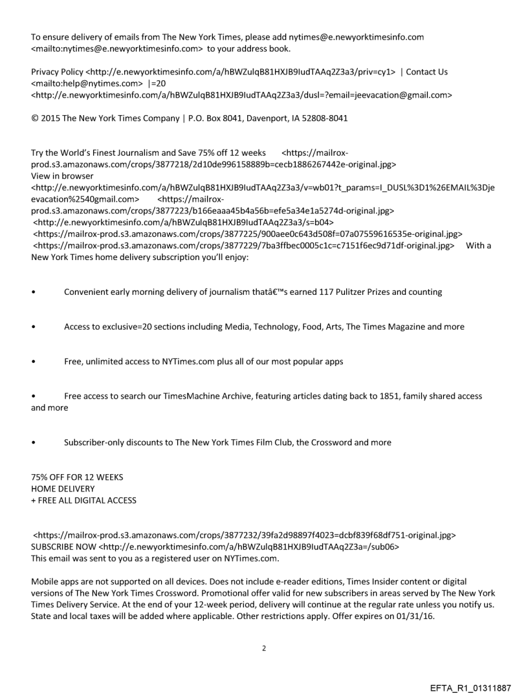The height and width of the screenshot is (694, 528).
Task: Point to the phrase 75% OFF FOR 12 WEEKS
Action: [77, 477]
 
